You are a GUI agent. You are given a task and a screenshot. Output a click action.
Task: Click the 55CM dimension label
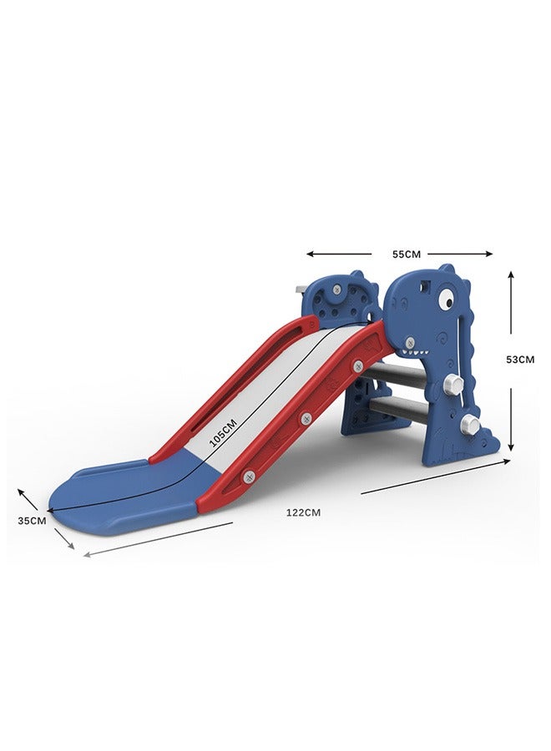407,255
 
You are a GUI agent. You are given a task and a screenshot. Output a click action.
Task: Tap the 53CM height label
520,359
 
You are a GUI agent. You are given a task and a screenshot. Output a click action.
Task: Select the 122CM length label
303,512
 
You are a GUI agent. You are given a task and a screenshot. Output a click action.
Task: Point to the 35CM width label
32,521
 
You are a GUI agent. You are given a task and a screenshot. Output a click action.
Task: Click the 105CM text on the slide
223,433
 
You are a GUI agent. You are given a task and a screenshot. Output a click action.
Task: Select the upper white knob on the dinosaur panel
454,383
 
